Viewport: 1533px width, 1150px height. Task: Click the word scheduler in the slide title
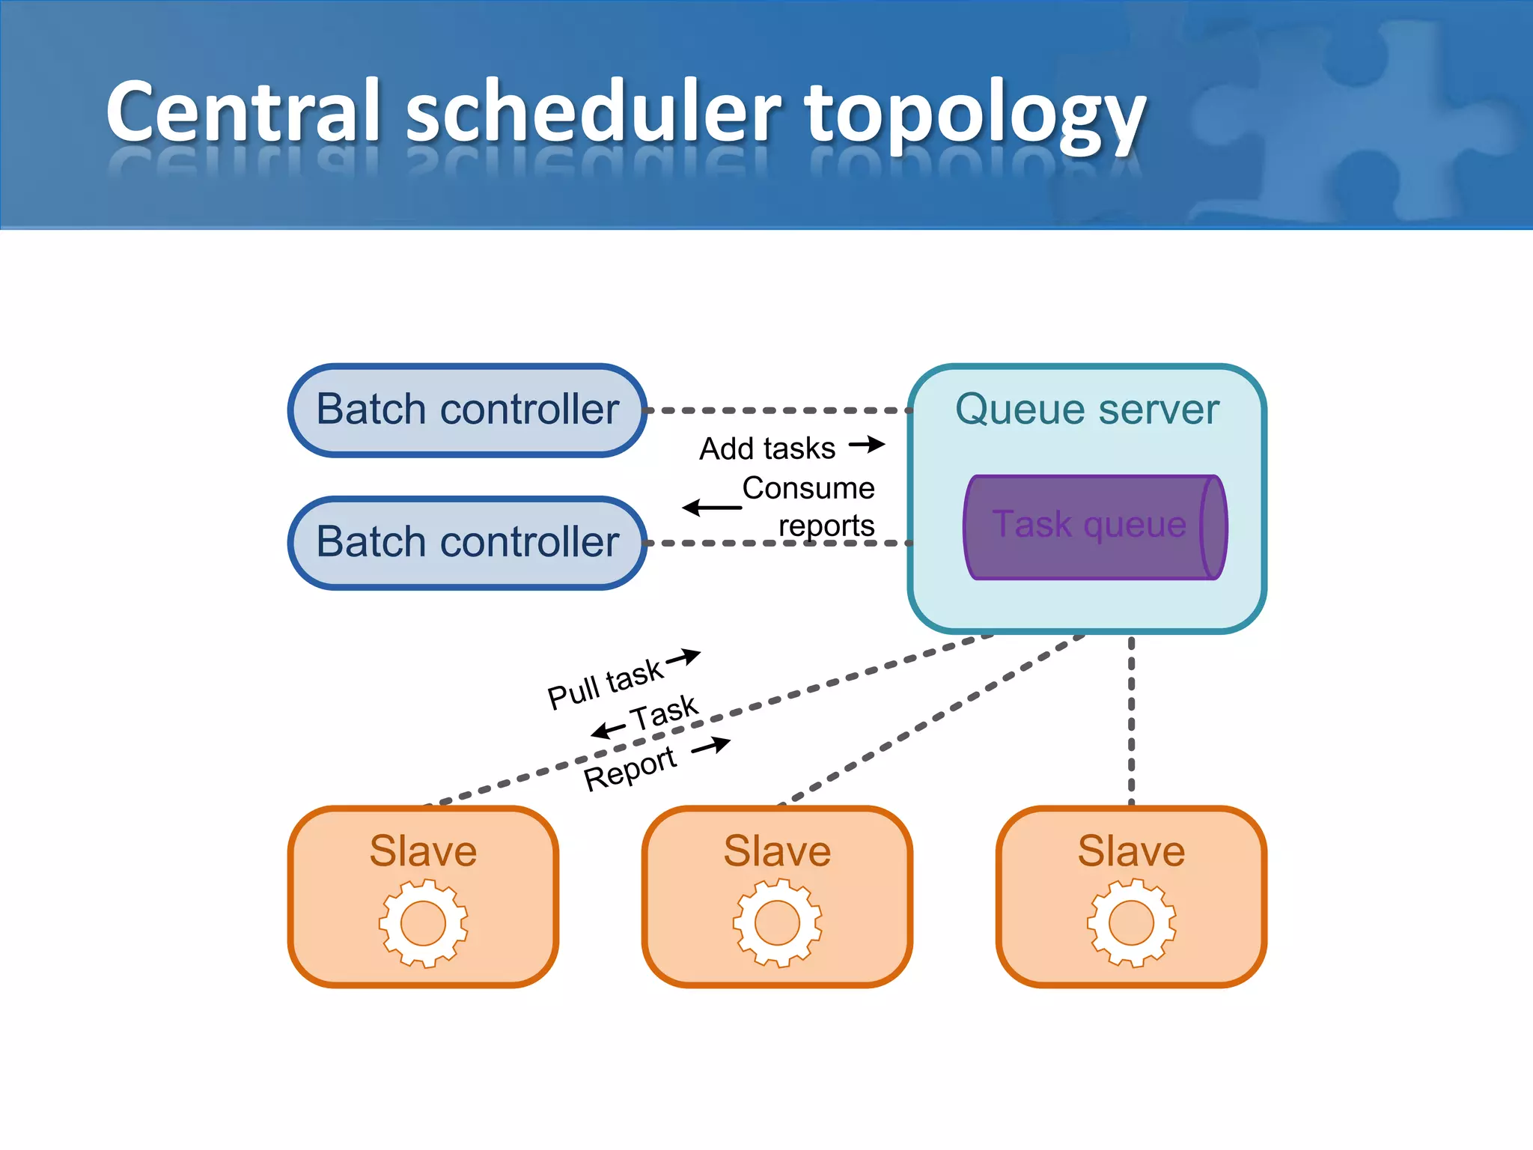593,112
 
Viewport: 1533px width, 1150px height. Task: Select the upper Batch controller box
468,410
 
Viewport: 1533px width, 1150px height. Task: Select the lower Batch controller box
468,542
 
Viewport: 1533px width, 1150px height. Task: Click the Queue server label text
1087,410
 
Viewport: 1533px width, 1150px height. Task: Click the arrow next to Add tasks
867,445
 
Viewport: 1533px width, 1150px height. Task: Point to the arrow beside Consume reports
711,508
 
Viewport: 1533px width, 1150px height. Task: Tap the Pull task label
605,684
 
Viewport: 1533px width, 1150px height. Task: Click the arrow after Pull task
683,657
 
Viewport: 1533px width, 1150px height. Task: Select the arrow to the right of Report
711,746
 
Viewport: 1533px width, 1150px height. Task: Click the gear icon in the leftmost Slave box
424,922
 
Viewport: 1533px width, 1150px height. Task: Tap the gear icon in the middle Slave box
777,922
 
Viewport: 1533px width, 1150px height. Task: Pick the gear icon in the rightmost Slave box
1131,922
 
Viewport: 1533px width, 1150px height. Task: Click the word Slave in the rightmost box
1131,851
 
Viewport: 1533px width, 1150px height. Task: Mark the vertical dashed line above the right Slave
1131,719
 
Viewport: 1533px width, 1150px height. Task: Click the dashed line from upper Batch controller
778,410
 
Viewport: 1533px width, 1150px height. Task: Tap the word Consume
808,488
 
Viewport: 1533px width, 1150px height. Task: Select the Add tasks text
767,448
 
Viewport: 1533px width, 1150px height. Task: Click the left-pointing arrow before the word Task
608,729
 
